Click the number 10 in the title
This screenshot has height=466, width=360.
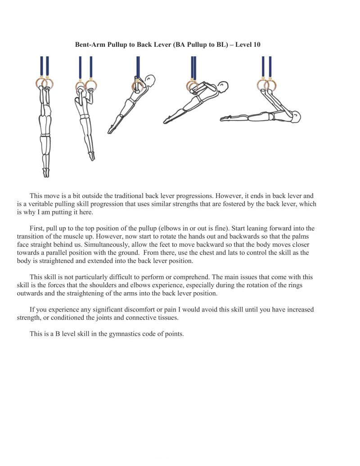(x=256, y=45)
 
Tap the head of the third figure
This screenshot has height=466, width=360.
(x=150, y=81)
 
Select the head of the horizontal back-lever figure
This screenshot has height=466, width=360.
(x=296, y=116)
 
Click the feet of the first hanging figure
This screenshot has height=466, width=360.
(x=46, y=173)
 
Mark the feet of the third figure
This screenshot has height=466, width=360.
(x=111, y=130)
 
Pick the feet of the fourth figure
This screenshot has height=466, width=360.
(x=167, y=119)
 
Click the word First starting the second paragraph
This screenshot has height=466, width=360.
(x=36, y=228)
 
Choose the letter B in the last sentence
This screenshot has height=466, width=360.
(x=58, y=334)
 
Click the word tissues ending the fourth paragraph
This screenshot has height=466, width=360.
(x=168, y=317)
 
